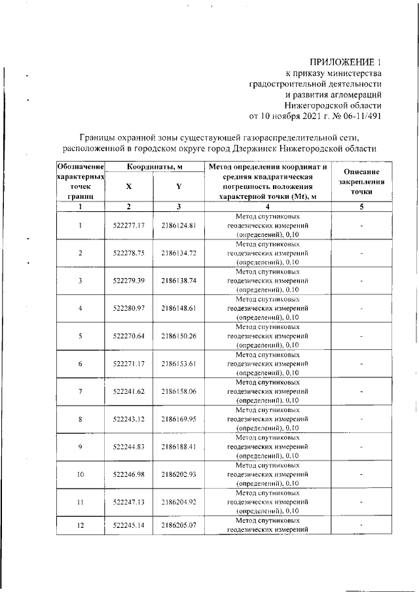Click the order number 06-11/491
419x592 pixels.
tap(357, 116)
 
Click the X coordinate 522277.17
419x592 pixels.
tap(128, 226)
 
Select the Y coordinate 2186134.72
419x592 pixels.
tap(179, 252)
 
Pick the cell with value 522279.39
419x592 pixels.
tap(128, 280)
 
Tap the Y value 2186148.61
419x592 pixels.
tap(179, 307)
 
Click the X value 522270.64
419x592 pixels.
tap(128, 336)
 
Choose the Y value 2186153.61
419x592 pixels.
tap(179, 363)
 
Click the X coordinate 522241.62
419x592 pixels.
tap(128, 391)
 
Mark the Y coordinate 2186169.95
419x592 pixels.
tap(179, 419)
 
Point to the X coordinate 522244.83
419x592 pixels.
tap(128, 447)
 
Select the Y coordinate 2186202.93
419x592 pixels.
tap(179, 474)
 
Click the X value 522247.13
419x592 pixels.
tap(128, 502)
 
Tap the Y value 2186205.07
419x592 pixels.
tap(179, 525)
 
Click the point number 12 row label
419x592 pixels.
tap(81, 525)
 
